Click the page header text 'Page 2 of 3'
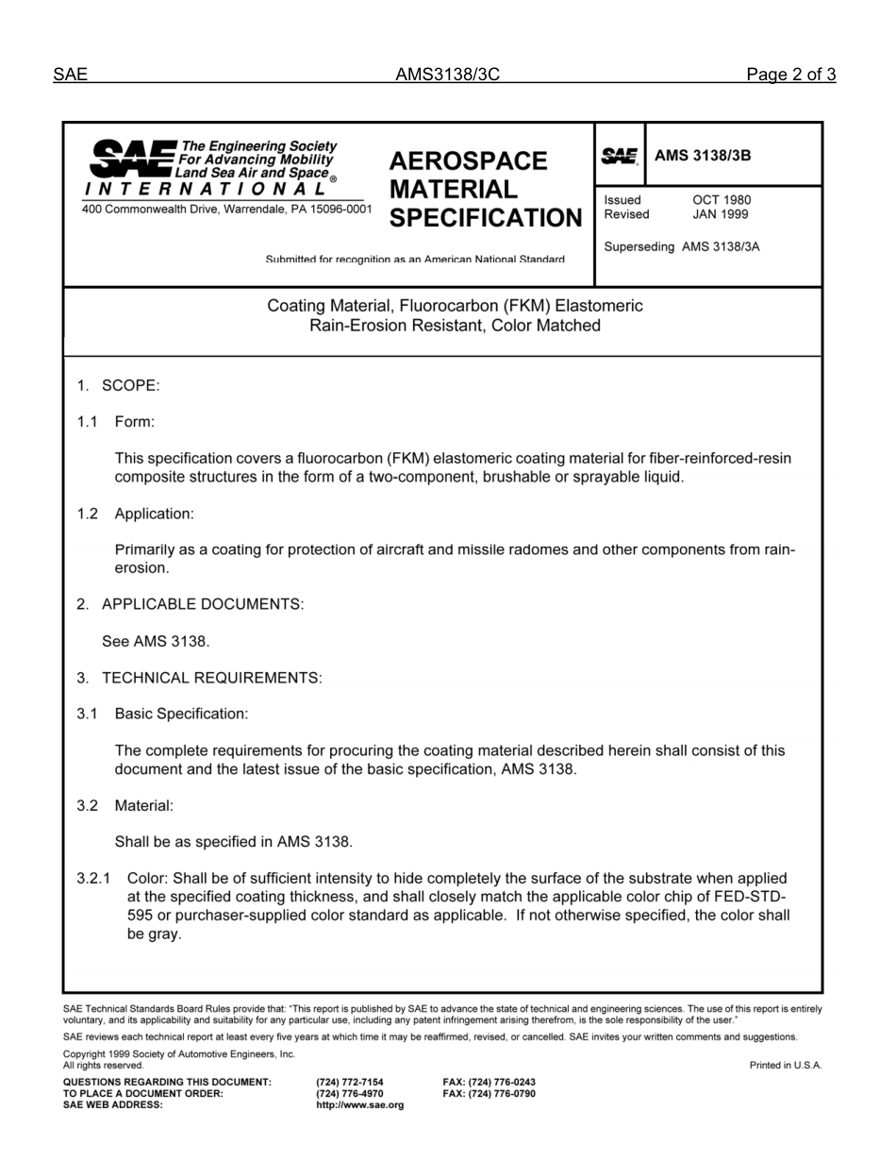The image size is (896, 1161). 790,76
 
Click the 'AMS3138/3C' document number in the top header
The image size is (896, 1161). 447,76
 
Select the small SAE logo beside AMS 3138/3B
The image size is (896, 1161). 620,157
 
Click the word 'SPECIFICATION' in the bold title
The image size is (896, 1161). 486,218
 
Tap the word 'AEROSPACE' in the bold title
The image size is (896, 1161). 468,161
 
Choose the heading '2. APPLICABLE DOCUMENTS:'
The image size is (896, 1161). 191,604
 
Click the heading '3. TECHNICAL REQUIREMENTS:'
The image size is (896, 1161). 200,678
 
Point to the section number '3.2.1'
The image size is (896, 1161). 94,879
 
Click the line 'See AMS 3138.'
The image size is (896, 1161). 156,642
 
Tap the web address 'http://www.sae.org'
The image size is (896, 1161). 360,1105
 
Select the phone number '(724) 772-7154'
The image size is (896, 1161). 350,1083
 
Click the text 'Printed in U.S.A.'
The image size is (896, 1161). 786,1066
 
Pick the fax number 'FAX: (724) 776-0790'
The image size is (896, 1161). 489,1094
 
